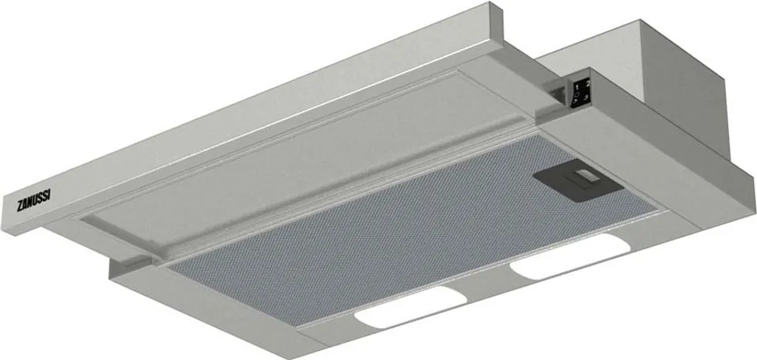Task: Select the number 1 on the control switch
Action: point(575,88)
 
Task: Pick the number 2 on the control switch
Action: point(585,86)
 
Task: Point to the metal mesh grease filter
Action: point(370,222)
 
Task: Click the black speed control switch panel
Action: point(580,92)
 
